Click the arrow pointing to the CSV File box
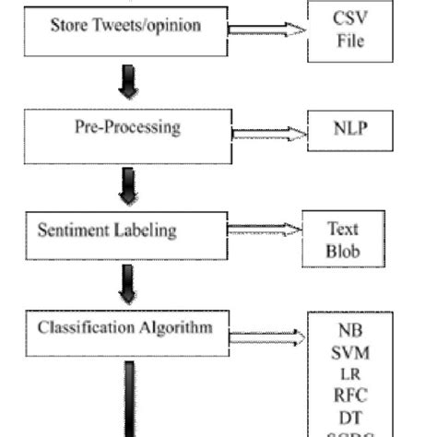coord(266,30)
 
